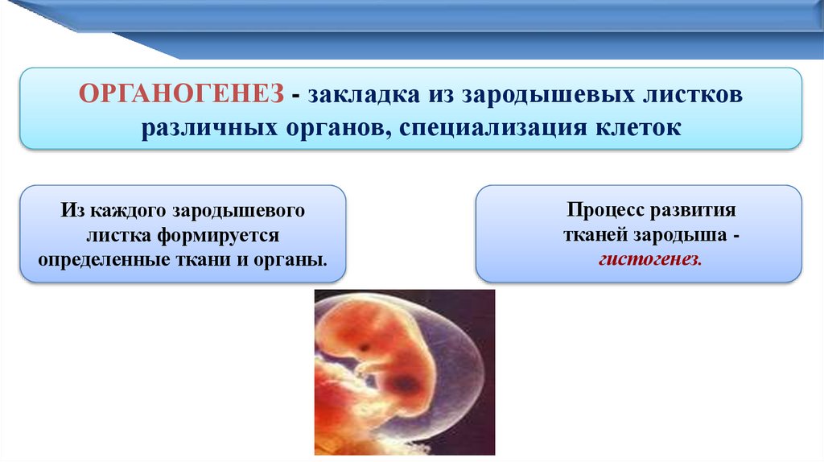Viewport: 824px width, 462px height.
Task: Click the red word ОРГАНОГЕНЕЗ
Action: coord(181,94)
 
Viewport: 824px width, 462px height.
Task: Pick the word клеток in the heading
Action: coord(638,128)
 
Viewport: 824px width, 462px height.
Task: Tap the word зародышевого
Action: coord(239,212)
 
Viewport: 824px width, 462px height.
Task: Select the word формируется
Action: coord(218,236)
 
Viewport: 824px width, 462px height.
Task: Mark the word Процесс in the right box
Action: coord(606,210)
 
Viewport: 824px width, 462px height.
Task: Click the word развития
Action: coord(694,210)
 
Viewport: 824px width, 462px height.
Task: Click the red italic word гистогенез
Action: coord(650,260)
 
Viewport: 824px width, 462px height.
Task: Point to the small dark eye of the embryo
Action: coord(363,348)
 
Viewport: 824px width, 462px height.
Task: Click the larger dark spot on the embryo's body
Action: coord(405,384)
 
